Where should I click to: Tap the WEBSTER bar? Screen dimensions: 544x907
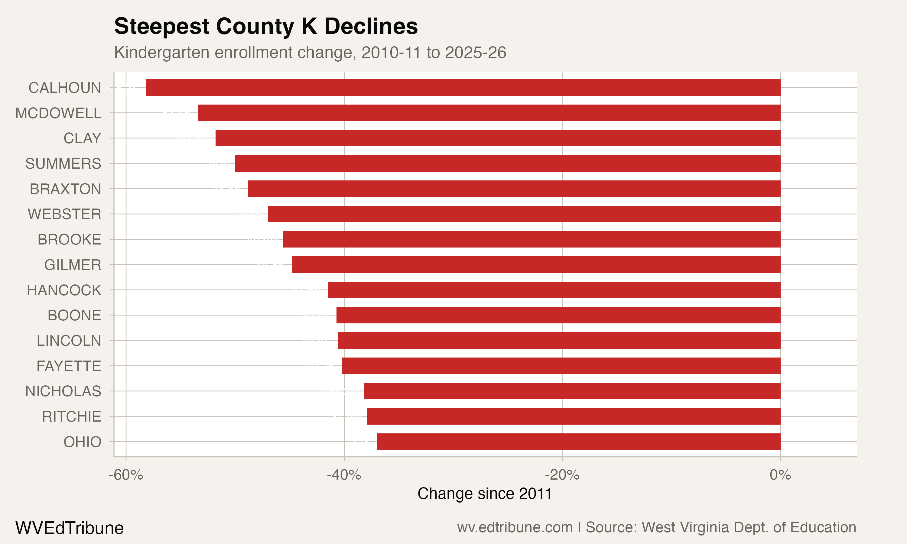(524, 214)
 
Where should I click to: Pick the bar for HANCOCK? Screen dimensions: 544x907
(554, 290)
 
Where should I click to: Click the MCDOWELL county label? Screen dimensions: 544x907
(58, 113)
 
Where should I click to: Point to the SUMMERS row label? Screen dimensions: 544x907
(63, 164)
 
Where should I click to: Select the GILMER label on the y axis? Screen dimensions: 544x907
(73, 265)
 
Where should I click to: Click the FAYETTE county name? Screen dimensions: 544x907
(69, 366)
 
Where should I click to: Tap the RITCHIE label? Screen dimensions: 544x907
(71, 416)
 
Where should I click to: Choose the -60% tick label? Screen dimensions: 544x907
(126, 475)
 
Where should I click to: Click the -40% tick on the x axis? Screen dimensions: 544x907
(344, 475)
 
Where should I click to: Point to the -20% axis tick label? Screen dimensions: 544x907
(562, 475)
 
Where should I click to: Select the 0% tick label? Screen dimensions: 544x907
(780, 475)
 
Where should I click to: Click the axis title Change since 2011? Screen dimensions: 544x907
(485, 494)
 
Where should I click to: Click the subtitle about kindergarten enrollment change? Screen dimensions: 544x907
(310, 52)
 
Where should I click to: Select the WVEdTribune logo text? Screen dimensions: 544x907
(69, 528)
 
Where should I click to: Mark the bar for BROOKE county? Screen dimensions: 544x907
(532, 239)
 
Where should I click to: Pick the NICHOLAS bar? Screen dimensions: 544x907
(572, 391)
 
